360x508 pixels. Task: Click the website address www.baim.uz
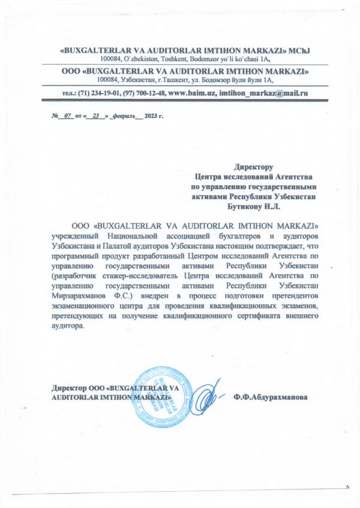(x=191, y=94)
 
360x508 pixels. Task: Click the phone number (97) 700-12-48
(x=144, y=94)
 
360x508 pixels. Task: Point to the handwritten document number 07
(x=67, y=114)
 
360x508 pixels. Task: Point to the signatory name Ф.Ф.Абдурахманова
(x=271, y=397)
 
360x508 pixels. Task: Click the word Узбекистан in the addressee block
(x=296, y=196)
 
